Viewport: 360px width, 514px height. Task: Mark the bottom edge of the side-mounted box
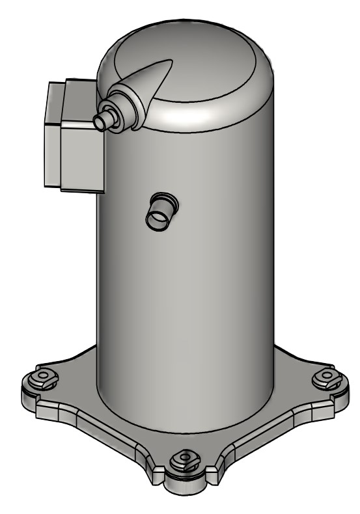point(81,192)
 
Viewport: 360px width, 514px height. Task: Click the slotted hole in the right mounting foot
point(323,377)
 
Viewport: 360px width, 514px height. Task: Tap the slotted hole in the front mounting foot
point(184,463)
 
